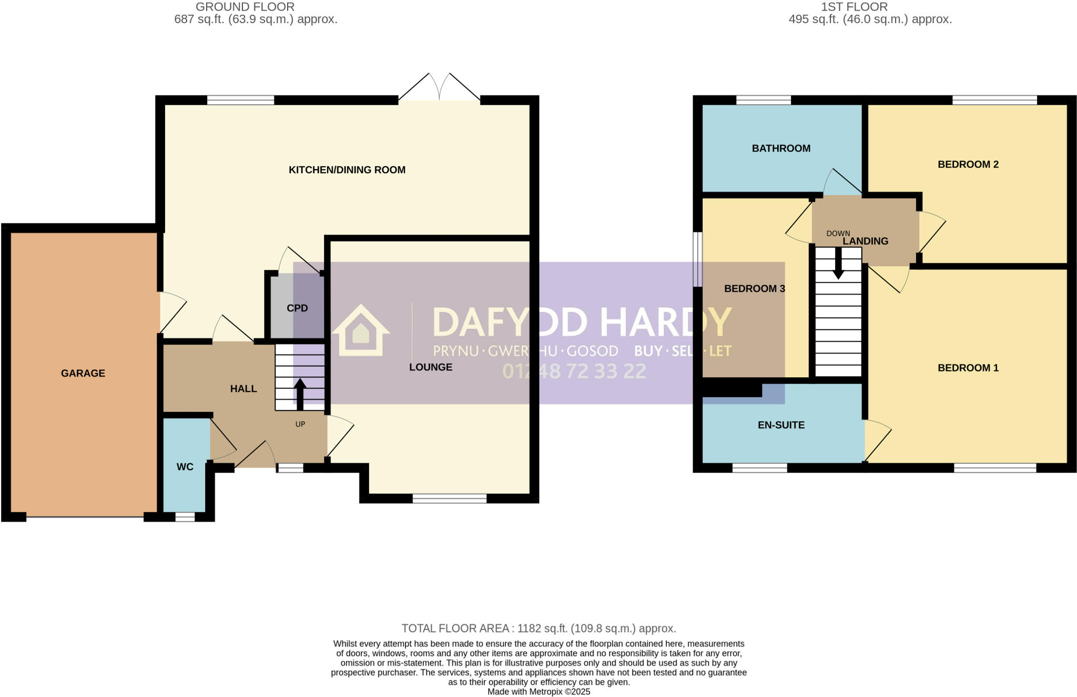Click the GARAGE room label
(83, 373)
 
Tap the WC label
(185, 467)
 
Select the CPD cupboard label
(297, 308)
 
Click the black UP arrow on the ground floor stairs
(300, 393)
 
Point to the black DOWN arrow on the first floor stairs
(838, 262)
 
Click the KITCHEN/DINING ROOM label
(347, 170)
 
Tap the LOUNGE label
(431, 367)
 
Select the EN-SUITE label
(781, 425)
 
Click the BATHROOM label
(781, 148)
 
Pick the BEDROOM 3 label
(754, 289)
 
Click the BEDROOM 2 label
(968, 165)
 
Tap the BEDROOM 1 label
(968, 368)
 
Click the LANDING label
(865, 241)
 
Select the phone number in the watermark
(574, 371)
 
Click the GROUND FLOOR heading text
(245, 7)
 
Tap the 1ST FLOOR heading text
(854, 7)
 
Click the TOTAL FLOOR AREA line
(538, 628)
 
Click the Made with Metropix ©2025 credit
(538, 692)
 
